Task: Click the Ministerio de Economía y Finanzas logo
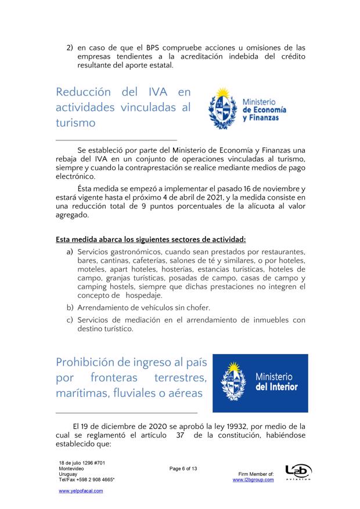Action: click(243, 109)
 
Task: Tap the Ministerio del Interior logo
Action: click(260, 382)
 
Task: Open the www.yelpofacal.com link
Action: click(81, 490)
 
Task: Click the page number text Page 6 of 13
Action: click(183, 468)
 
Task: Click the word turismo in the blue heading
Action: click(75, 123)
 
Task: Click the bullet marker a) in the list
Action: click(70, 252)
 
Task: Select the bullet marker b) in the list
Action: click(70, 307)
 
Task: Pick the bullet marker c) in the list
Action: click(70, 320)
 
